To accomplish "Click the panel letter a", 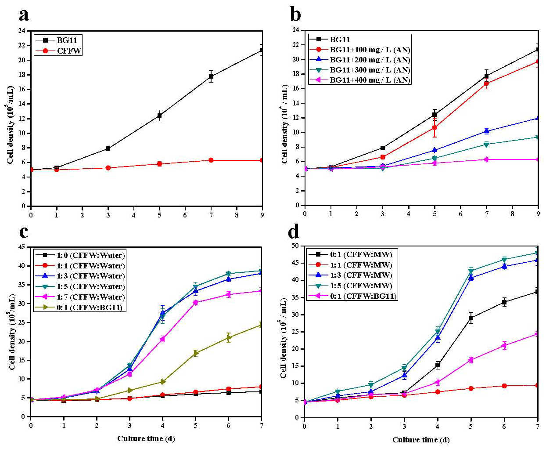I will click(x=24, y=14).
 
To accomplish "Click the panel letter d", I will click(x=293, y=231).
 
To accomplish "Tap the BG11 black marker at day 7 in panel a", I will click(x=211, y=76).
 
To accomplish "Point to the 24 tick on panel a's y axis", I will click(x=22, y=31).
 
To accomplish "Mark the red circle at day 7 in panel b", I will click(x=486, y=83).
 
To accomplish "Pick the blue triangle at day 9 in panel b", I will click(x=538, y=118).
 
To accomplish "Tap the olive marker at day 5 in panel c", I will click(x=196, y=353).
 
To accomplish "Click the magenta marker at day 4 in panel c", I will click(x=162, y=339).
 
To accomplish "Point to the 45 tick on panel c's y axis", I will click(x=22, y=247).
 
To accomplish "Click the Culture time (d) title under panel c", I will click(x=146, y=438).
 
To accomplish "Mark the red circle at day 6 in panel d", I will click(x=504, y=386).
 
